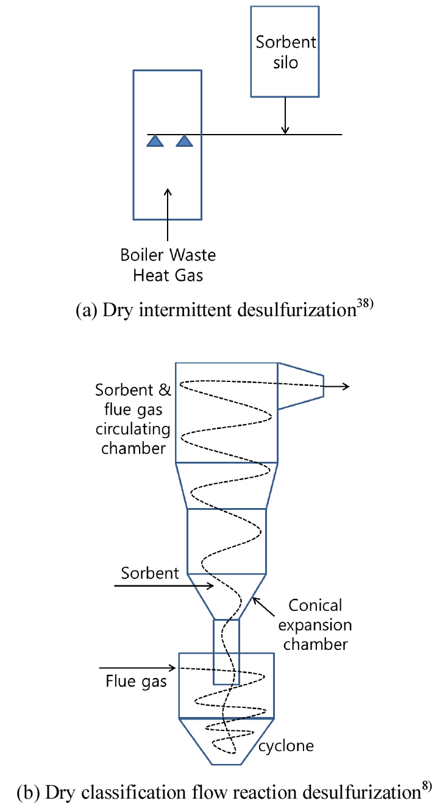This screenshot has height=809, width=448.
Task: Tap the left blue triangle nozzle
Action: [x=155, y=141]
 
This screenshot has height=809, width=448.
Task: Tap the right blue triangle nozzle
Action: [x=184, y=141]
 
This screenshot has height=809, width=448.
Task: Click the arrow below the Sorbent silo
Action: [x=285, y=116]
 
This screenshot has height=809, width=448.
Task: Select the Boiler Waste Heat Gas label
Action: [x=168, y=264]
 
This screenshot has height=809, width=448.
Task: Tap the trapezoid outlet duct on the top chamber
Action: [x=300, y=386]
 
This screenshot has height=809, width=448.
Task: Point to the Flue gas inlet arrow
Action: [x=139, y=668]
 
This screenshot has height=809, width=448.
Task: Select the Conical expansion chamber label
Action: [x=315, y=625]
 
